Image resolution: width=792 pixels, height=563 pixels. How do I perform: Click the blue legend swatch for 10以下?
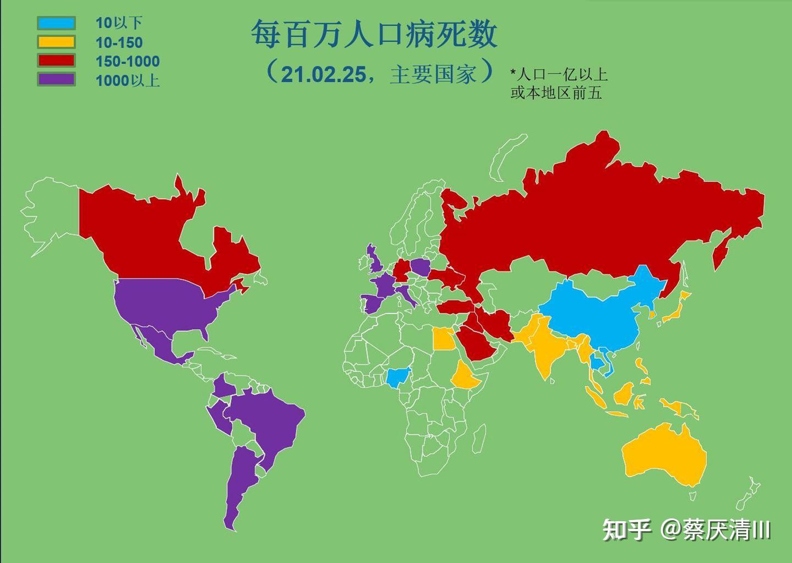pos(56,23)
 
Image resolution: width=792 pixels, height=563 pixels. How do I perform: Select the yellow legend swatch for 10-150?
pos(56,42)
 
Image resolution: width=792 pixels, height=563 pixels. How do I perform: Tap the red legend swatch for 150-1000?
pos(56,61)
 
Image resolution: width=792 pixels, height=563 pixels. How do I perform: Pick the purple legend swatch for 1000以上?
pos(56,79)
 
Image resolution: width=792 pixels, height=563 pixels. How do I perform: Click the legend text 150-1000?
pos(127,61)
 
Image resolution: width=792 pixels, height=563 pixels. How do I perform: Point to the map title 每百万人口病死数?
pos(374,34)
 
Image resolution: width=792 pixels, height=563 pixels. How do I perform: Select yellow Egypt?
pos(443,338)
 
